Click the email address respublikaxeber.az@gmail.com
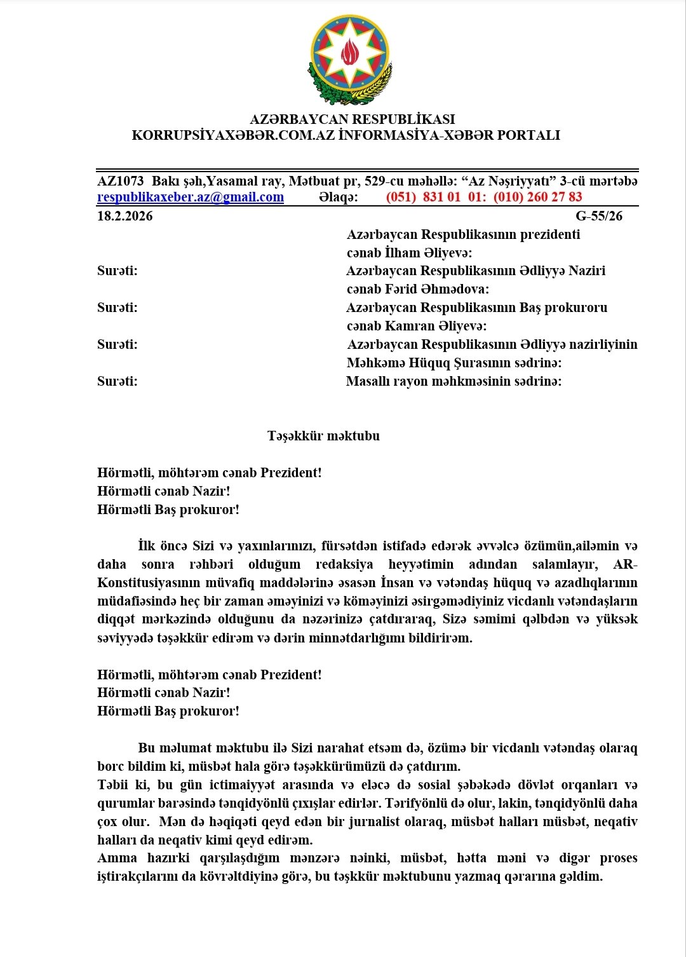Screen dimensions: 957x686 pyautogui.click(x=190, y=197)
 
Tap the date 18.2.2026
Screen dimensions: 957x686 pyautogui.click(x=124, y=216)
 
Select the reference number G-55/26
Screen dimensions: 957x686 pyautogui.click(x=599, y=216)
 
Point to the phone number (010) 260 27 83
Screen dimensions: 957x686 pyautogui.click(x=537, y=197)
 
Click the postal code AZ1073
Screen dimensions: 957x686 pyautogui.click(x=120, y=181)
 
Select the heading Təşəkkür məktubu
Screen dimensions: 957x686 pyautogui.click(x=323, y=436)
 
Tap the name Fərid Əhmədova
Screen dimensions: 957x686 pyautogui.click(x=446, y=289)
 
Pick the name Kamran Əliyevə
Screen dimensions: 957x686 pyautogui.click(x=445, y=326)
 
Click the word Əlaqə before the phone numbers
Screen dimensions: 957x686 pyautogui.click(x=338, y=197)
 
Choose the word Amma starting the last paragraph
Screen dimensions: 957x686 pyautogui.click(x=117, y=859)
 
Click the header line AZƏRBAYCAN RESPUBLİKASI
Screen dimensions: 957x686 pyautogui.click(x=352, y=119)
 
